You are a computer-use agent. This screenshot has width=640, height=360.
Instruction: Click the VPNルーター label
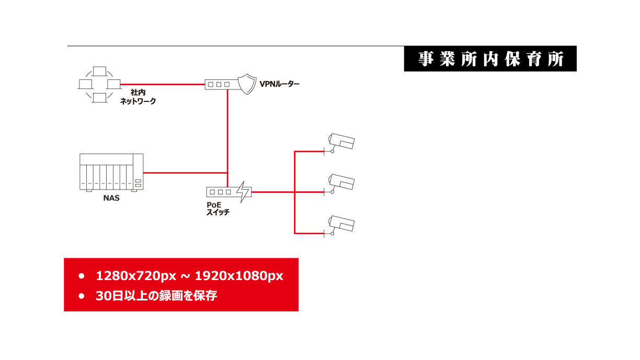click(279, 84)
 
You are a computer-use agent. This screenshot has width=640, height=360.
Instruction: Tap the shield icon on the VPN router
click(247, 84)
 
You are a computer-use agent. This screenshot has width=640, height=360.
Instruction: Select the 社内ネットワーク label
click(138, 97)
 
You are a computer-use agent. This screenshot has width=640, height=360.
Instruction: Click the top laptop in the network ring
click(99, 72)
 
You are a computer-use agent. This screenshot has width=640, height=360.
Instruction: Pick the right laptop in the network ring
click(113, 84)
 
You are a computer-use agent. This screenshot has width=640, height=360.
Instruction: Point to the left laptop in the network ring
click(85, 84)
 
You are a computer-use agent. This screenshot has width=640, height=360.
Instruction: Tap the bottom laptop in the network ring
click(99, 98)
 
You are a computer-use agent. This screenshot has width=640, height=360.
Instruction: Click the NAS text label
click(111, 198)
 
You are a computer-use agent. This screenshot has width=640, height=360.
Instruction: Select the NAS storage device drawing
click(111, 172)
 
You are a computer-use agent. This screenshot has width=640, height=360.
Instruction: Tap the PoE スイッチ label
click(218, 208)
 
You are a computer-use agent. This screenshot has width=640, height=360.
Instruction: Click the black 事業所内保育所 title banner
click(490, 59)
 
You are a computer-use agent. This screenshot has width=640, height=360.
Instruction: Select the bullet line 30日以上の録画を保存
click(156, 296)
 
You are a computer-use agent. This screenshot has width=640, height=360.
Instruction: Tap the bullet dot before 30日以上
click(82, 296)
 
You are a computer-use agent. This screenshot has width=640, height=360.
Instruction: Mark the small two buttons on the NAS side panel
click(138, 183)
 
